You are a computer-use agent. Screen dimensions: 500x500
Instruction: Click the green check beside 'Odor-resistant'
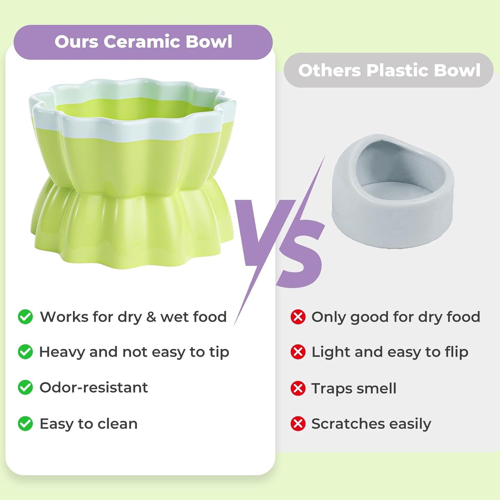tap(25, 388)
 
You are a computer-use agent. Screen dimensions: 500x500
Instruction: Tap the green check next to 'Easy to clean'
tap(25, 424)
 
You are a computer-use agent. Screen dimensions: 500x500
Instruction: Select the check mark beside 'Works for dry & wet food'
tap(25, 317)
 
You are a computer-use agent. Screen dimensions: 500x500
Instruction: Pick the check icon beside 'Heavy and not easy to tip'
tap(25, 352)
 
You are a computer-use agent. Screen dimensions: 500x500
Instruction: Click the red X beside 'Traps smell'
tap(298, 388)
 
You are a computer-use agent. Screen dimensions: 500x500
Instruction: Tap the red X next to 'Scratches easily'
tap(298, 424)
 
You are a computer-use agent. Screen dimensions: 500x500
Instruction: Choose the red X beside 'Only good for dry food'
tap(298, 317)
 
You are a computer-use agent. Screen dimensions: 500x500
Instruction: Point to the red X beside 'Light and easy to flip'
tap(298, 352)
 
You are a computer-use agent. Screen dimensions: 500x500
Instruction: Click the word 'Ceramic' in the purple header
tap(142, 42)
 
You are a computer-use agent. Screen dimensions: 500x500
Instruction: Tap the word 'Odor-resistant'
tap(93, 388)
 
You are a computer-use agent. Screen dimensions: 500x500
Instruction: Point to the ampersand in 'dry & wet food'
tap(151, 317)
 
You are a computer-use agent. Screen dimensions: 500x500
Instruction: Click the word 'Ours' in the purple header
tap(76, 42)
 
